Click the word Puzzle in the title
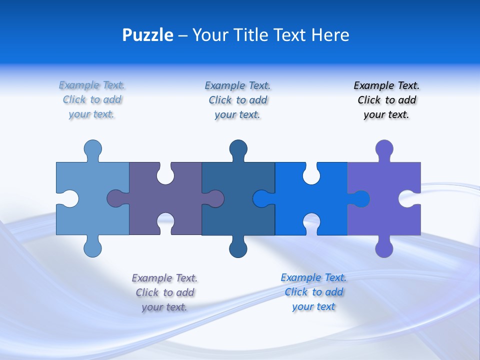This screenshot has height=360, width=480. point(147,35)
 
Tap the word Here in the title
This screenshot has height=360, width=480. point(330,35)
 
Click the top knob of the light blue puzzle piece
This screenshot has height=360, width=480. point(93,148)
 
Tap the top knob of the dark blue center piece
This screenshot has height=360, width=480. point(238,148)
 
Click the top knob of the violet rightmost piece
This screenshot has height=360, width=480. point(384,148)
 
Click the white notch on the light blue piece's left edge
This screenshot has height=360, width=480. point(69,198)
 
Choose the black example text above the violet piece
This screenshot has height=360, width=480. point(386,100)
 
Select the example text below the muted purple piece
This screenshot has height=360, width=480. point(164,292)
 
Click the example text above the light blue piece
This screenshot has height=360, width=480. point(92,99)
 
